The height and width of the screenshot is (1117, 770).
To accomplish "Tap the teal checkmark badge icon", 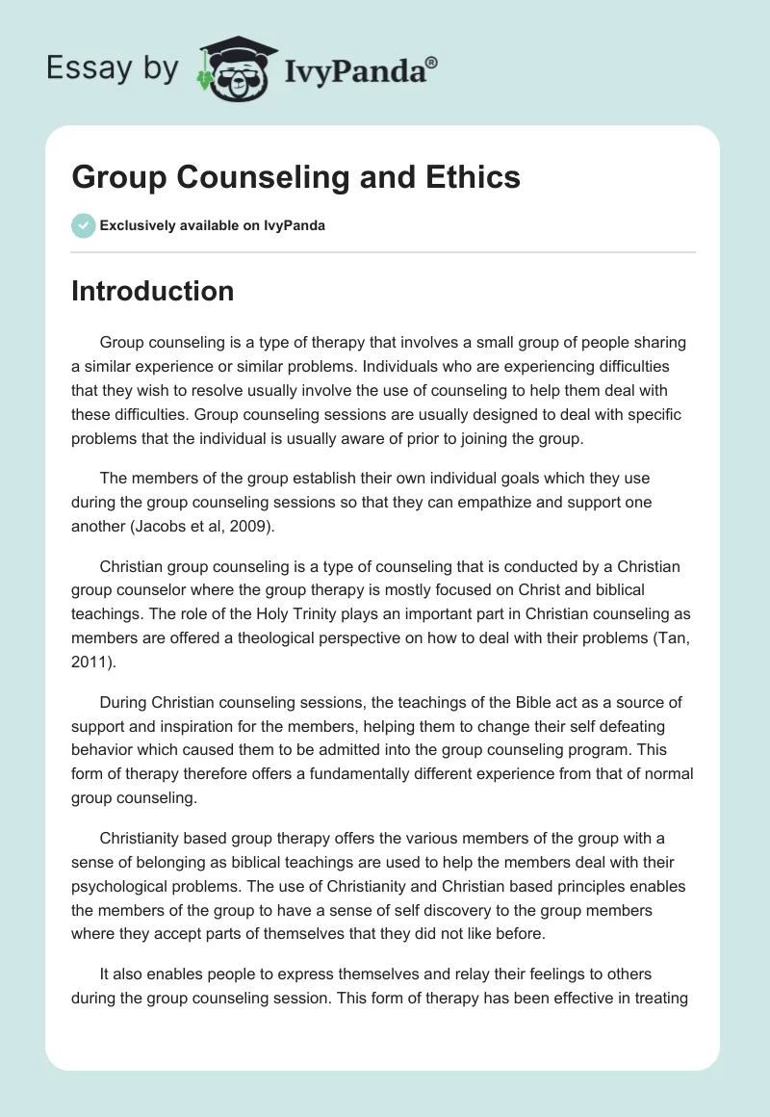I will (83, 225).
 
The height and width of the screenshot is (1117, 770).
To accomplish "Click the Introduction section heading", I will (152, 291).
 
